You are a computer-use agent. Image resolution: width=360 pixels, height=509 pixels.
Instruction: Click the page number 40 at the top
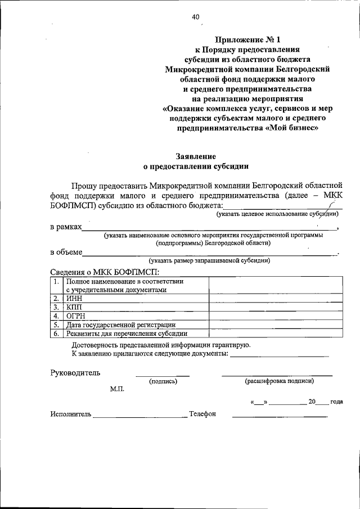pyautogui.click(x=195, y=17)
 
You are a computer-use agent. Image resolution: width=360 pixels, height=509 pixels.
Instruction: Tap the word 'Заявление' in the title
pyautogui.click(x=196, y=156)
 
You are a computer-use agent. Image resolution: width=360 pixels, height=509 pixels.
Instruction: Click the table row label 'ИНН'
pyautogui.click(x=74, y=299)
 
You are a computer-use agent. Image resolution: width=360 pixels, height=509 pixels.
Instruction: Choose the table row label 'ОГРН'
pyautogui.click(x=76, y=316)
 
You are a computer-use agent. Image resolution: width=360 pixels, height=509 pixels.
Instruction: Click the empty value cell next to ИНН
pyautogui.click(x=275, y=299)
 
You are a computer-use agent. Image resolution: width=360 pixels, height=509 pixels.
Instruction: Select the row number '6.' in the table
pyautogui.click(x=56, y=333)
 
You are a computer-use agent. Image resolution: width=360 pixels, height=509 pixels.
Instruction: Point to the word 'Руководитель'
pyautogui.click(x=75, y=372)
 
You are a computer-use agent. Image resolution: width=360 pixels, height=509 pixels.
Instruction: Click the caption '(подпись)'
pyautogui.click(x=163, y=381)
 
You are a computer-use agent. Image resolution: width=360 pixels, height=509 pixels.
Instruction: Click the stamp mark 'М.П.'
pyautogui.click(x=118, y=389)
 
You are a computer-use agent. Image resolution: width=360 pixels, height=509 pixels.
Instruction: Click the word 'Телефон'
pyautogui.click(x=202, y=414)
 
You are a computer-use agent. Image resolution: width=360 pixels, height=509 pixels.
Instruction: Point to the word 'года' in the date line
pyautogui.click(x=336, y=402)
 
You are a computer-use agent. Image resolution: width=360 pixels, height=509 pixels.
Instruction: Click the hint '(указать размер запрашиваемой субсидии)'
pyautogui.click(x=209, y=260)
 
